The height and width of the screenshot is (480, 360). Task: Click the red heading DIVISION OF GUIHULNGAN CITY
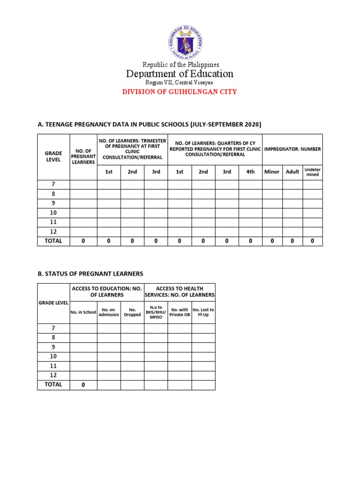pos(180,92)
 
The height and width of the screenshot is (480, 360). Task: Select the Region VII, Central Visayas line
pos(180,82)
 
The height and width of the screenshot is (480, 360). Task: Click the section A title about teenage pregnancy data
pos(149,124)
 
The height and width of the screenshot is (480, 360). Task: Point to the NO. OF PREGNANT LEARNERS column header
pos(83,157)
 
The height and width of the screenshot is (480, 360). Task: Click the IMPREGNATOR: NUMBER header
pos(292,149)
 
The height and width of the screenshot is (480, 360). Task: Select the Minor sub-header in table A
pos(272,172)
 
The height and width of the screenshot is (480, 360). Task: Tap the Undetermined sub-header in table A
pos(312,172)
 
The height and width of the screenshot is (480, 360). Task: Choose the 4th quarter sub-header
pos(250,172)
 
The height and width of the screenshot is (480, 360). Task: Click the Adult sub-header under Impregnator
pos(292,172)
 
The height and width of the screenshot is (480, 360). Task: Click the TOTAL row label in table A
pos(53,241)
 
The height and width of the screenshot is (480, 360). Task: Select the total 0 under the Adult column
pos(292,241)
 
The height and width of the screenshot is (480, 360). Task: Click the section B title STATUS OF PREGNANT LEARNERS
pos(90,273)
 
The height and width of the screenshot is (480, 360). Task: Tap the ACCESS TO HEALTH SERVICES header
pos(180,292)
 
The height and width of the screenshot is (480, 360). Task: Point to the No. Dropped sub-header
pos(132,312)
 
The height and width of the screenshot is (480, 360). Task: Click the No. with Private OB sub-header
pos(180,312)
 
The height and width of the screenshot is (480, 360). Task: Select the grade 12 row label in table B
pos(53,375)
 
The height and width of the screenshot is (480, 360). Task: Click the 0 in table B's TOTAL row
pos(83,385)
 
